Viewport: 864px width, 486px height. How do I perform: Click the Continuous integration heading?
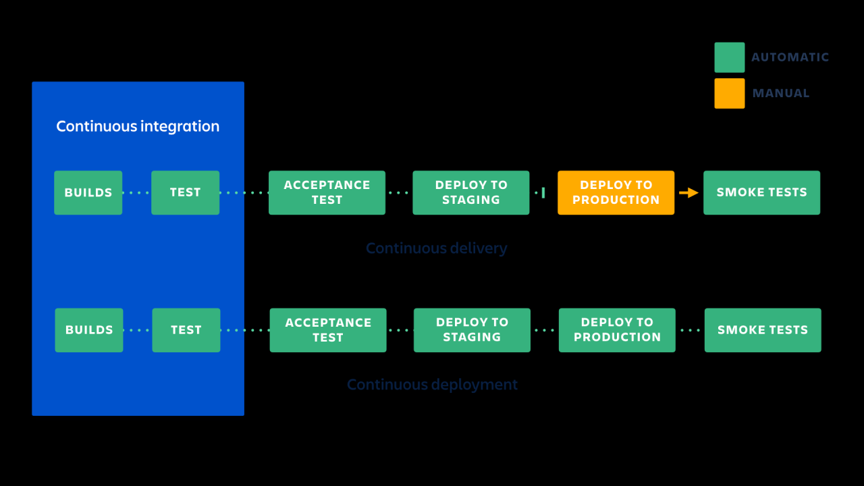click(138, 126)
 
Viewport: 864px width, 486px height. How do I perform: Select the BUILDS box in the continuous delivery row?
click(88, 192)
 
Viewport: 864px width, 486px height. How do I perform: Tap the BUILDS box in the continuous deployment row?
click(89, 330)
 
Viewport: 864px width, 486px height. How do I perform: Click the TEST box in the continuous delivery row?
click(185, 192)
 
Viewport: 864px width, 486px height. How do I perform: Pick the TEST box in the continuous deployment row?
click(186, 330)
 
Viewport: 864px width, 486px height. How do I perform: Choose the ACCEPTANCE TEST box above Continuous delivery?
click(327, 192)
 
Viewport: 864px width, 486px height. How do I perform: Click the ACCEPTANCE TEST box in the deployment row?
click(328, 330)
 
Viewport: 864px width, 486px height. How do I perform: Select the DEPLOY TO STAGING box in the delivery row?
click(471, 192)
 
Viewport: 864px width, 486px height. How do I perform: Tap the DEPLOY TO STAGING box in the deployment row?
click(472, 330)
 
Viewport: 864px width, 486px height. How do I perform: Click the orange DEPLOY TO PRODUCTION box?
click(616, 192)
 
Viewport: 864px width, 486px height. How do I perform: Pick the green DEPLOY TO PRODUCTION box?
click(617, 330)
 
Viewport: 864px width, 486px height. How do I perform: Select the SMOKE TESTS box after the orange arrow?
click(761, 192)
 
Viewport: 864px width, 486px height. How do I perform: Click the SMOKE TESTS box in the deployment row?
click(763, 330)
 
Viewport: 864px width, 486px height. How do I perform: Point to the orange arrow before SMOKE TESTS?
click(688, 193)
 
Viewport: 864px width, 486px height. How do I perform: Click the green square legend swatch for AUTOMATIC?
click(730, 57)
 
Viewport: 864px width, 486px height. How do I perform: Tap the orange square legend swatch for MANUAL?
click(730, 93)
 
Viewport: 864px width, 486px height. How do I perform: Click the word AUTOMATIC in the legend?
click(790, 57)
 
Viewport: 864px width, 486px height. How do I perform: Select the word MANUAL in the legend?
click(781, 93)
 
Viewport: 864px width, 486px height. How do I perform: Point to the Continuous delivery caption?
click(436, 248)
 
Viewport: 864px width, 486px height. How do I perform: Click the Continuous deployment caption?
click(432, 385)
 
